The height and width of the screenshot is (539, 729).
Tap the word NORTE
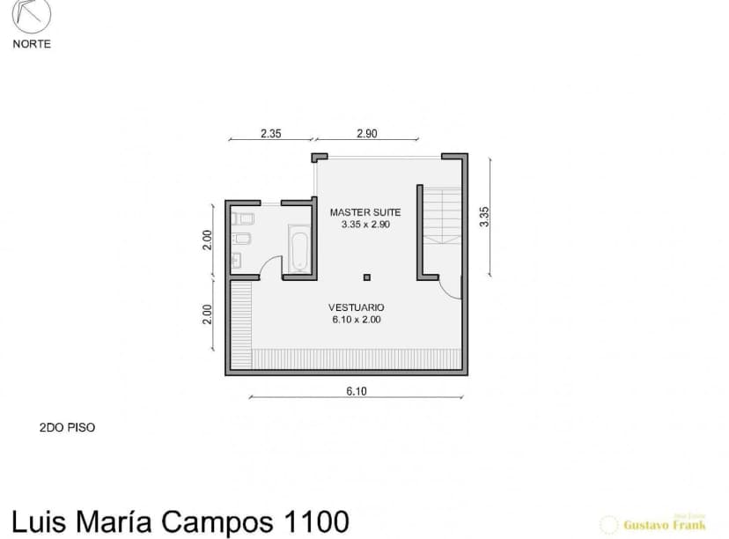click(32, 44)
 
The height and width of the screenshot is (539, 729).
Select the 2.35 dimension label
click(270, 134)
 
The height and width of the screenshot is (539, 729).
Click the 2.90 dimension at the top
click(367, 134)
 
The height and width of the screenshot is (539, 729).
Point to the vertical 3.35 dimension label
click(483, 217)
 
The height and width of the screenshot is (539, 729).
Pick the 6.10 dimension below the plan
click(356, 392)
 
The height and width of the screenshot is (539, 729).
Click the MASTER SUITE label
click(365, 212)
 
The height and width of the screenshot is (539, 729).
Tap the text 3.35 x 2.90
click(365, 225)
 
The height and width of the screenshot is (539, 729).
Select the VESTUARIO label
click(356, 307)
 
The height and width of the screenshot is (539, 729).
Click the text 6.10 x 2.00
click(356, 320)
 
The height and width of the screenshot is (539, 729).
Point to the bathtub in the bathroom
click(298, 248)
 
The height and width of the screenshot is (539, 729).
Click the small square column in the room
click(367, 277)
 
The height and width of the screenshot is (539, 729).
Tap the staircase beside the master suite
click(442, 215)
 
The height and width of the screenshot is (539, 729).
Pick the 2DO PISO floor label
click(67, 427)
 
